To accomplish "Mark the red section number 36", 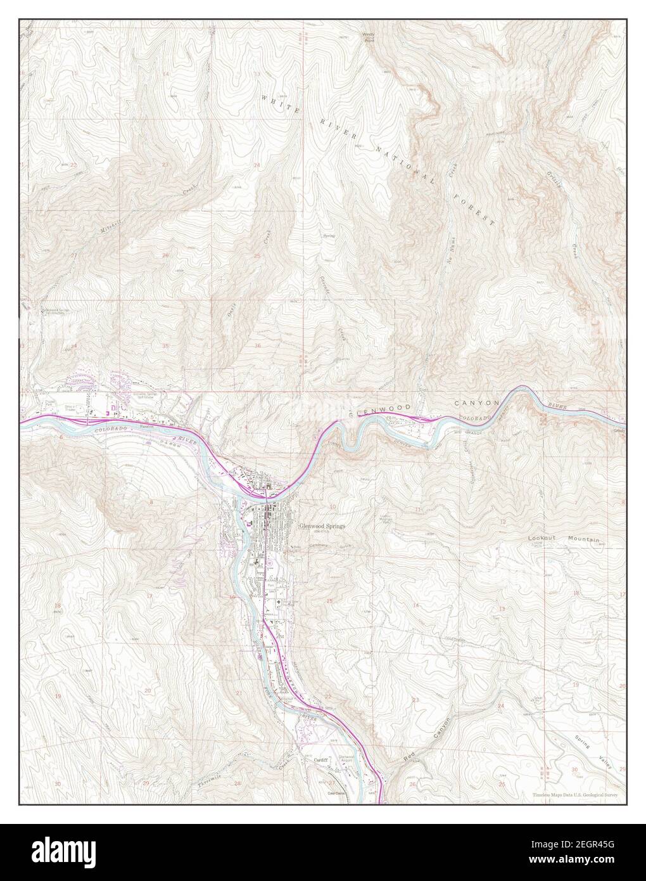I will pos(257,345).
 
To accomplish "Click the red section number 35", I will pos(165,346).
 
